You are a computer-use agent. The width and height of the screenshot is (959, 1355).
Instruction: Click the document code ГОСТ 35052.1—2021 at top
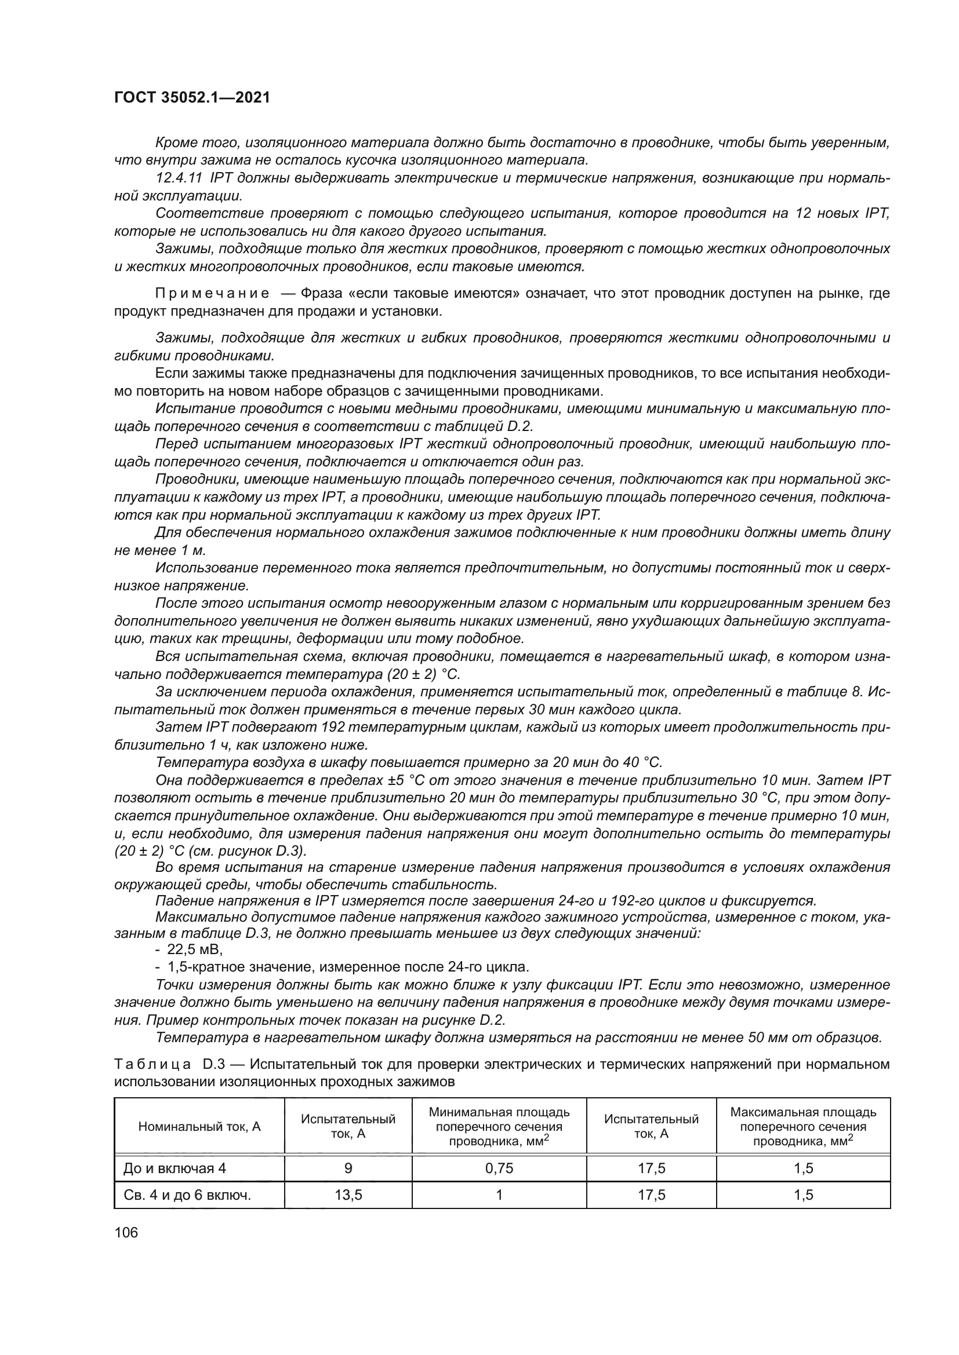click(x=192, y=97)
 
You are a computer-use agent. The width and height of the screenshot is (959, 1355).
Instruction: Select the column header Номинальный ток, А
click(x=199, y=1127)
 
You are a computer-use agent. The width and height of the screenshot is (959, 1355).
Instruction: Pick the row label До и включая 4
click(x=175, y=1168)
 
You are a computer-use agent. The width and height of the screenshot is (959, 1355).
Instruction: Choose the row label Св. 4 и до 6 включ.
click(x=187, y=1195)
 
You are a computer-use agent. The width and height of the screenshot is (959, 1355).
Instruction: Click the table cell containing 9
click(x=348, y=1168)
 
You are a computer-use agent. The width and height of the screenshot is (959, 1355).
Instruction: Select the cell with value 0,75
click(x=499, y=1168)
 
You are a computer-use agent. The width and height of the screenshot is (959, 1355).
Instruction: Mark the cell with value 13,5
click(x=348, y=1195)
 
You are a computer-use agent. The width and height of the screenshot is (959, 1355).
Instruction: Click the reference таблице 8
click(x=830, y=691)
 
